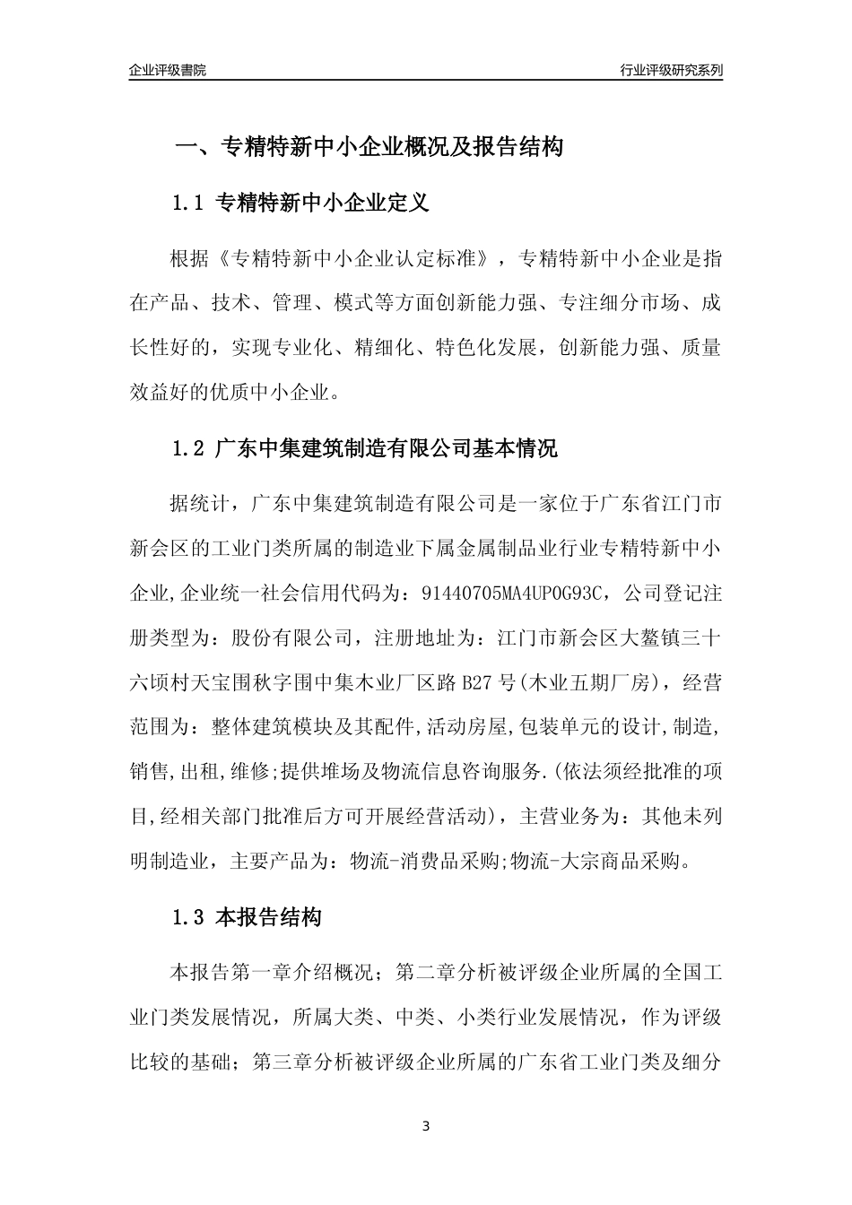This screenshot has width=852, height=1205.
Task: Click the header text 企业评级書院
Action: [168, 70]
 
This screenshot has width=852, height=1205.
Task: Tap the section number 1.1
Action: [189, 203]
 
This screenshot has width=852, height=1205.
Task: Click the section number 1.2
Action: [189, 448]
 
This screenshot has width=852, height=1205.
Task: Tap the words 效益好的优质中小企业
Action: [227, 392]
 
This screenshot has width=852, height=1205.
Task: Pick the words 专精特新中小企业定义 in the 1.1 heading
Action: [323, 203]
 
